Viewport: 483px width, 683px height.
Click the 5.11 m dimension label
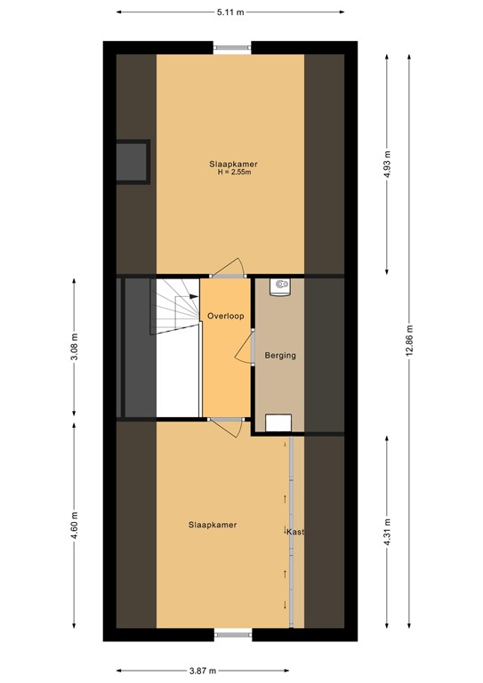click(x=230, y=12)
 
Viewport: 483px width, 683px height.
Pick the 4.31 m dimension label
click(x=388, y=532)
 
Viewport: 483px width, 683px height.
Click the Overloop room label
click(x=225, y=316)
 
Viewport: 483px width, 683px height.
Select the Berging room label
click(x=280, y=356)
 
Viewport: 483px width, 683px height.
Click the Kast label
click(x=296, y=532)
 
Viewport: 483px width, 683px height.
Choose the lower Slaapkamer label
click(x=213, y=526)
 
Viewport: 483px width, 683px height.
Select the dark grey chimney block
click(x=133, y=161)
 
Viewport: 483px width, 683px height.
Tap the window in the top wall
click(x=232, y=47)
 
